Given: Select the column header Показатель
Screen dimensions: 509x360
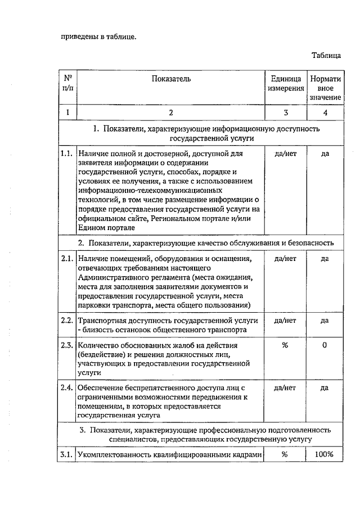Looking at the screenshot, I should [171, 79].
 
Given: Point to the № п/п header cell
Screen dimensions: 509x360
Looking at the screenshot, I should [67, 83].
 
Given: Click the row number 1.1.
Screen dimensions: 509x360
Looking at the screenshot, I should [67, 153].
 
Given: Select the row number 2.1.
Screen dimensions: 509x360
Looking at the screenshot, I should [67, 259].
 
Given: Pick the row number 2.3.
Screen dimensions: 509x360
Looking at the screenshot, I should [67, 345].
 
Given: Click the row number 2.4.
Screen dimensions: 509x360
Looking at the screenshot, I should [67, 388].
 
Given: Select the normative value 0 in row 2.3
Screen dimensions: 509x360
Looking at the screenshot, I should [325, 345].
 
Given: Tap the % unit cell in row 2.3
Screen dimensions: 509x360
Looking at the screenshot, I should [285, 345].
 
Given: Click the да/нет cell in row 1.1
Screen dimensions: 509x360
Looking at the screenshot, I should [285, 153].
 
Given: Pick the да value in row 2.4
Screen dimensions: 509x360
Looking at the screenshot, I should [325, 388].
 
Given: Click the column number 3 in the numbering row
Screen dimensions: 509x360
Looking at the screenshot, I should [285, 112].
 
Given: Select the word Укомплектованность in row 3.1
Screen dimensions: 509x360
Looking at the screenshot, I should [112, 454].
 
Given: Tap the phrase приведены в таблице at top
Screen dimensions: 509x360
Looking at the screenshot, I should [98, 37].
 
